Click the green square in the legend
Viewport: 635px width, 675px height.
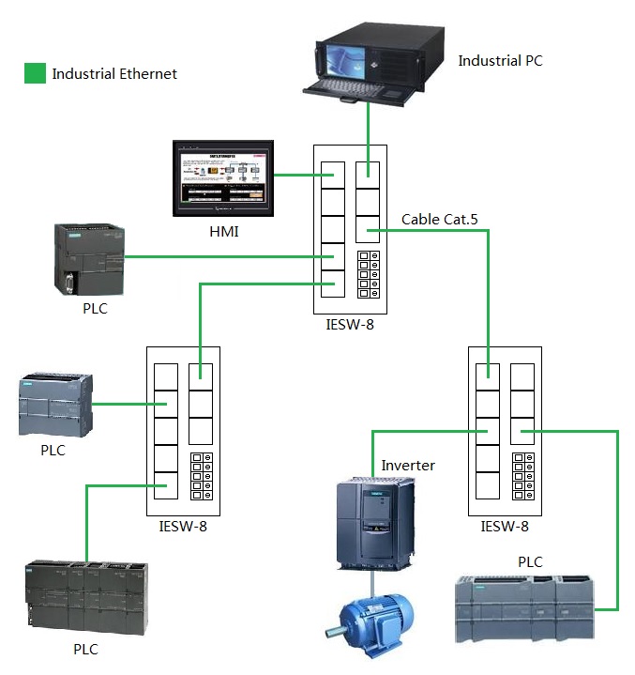35,73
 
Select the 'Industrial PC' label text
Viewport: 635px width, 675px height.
500,61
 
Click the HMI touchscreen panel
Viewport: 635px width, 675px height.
223,178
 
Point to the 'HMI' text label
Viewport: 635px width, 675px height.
223,231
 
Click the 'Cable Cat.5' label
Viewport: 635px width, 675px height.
440,220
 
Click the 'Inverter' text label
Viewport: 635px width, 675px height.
408,466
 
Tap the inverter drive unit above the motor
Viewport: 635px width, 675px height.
375,522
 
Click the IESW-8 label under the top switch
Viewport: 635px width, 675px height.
350,325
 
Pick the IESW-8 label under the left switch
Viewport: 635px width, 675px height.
183,526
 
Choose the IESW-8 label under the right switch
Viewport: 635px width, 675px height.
504,527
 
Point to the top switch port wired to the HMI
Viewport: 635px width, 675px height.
332,176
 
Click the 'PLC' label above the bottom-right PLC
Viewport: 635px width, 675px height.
531,561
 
